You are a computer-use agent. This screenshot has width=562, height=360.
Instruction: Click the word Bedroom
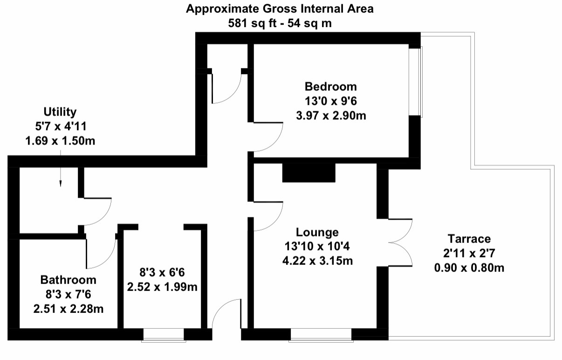pos(331,87)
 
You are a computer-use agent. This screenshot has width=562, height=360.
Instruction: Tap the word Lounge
pos(317,233)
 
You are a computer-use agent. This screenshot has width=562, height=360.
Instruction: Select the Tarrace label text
pos(469,239)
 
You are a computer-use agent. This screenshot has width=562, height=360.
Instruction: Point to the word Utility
pos(60,112)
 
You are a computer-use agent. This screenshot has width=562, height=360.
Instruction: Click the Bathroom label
pos(68,280)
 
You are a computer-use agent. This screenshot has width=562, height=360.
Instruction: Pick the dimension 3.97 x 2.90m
pos(331,116)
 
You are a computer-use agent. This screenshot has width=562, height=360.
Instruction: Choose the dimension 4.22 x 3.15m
pos(317,261)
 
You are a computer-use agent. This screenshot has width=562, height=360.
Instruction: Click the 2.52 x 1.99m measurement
pos(162,287)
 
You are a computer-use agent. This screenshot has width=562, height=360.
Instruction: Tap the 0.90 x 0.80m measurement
pos(469,268)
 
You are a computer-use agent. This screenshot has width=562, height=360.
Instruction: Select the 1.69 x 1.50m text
pos(60,141)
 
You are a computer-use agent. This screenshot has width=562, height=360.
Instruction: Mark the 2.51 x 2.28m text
pos(68,309)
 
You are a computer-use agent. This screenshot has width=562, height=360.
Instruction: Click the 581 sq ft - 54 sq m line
pos(280,23)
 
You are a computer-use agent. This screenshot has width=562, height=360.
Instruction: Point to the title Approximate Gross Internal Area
pos(280,9)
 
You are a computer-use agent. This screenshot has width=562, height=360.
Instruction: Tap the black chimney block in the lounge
pos(309,173)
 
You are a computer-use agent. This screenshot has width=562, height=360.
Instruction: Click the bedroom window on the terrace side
pos(416,82)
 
